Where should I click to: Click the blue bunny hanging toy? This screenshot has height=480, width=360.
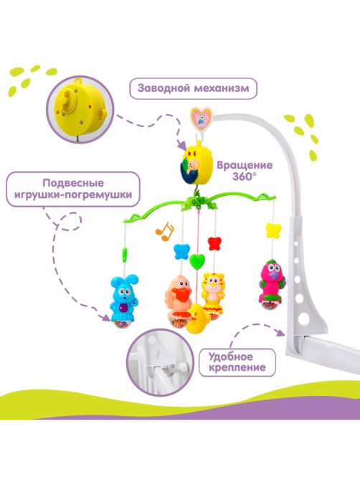(x=124, y=301)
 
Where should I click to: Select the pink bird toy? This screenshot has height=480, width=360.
(x=271, y=284)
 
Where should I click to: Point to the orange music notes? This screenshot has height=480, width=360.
(x=164, y=232)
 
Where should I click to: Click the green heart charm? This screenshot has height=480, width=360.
(x=196, y=262)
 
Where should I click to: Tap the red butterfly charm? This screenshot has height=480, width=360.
(x=214, y=243)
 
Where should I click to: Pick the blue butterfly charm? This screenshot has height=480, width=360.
(x=181, y=251)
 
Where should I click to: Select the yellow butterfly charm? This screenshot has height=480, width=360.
(x=273, y=231)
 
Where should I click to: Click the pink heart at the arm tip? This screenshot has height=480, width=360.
(x=202, y=119)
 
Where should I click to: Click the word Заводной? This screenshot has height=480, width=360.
(x=164, y=88)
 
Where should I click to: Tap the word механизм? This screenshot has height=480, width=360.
(x=222, y=88)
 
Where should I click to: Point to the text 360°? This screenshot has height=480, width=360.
(x=245, y=177)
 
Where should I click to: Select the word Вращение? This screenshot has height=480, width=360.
(x=245, y=165)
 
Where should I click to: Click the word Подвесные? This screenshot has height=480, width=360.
(x=73, y=184)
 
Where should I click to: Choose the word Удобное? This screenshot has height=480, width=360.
(x=231, y=357)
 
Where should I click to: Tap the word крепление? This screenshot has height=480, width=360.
(x=237, y=367)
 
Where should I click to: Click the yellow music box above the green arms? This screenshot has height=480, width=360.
(x=196, y=164)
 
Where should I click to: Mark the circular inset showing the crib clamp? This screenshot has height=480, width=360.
(x=160, y=362)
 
